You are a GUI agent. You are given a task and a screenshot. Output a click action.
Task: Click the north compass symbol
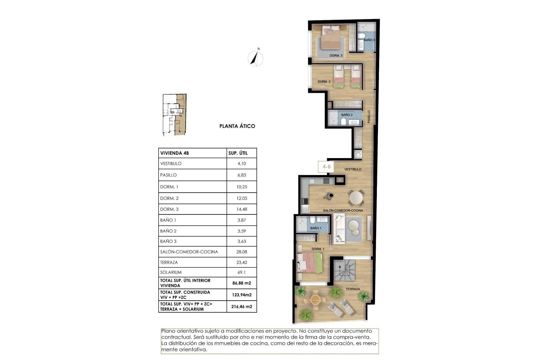(x=255, y=58)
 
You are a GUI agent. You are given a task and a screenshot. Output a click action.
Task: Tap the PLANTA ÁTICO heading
(x=237, y=126)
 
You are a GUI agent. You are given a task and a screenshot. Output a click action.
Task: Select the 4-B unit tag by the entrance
(x=326, y=167)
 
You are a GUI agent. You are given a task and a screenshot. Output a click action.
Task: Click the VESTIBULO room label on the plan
(x=353, y=169)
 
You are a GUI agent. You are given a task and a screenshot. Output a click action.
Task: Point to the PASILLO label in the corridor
(x=369, y=116)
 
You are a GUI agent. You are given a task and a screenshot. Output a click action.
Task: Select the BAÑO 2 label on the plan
(x=347, y=115)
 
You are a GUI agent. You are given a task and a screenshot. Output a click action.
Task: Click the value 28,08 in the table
(x=242, y=252)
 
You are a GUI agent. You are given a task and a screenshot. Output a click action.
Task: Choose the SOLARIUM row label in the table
(x=171, y=272)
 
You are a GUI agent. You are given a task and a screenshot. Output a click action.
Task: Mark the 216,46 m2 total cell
(x=242, y=307)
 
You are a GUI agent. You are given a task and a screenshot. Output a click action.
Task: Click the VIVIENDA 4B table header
(x=174, y=153)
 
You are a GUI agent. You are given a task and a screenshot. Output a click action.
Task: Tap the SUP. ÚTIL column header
(x=238, y=153)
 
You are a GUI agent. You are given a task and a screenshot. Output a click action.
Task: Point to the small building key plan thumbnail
(x=174, y=115)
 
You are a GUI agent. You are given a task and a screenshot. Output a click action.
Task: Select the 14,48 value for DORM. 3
(x=242, y=209)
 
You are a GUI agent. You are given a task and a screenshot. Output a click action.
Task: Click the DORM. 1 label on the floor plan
(x=318, y=249)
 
